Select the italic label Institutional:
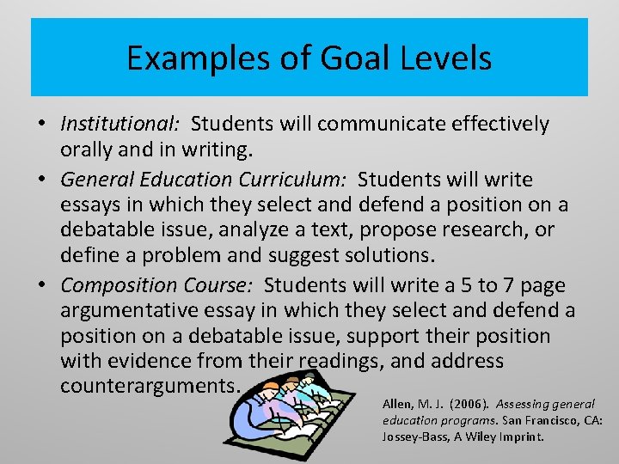pyautogui.click(x=120, y=124)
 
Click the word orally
pyautogui.click(x=89, y=150)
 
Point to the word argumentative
pyautogui.click(x=139, y=310)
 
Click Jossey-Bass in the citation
pyautogui.click(x=414, y=436)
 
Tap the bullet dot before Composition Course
pyautogui.click(x=41, y=284)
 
